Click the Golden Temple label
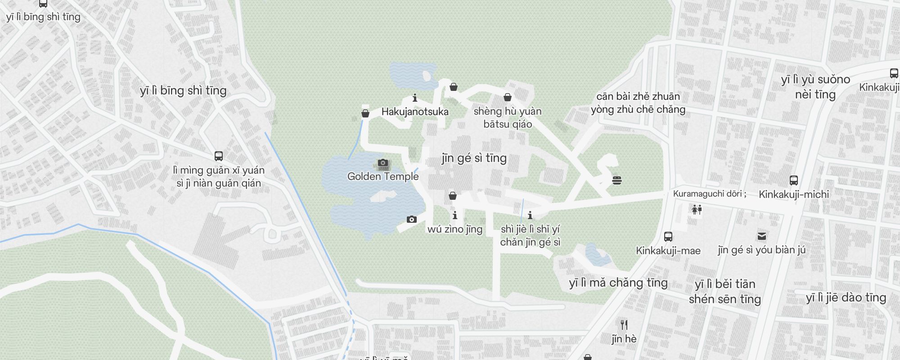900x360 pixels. [x=383, y=176]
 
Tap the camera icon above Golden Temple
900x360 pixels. [x=383, y=162]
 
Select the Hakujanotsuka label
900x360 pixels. [x=415, y=112]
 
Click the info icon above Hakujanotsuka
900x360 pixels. [x=415, y=98]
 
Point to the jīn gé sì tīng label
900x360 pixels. [x=474, y=158]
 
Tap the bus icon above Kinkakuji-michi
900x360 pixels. [x=794, y=180]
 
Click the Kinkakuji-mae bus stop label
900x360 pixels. [x=668, y=251]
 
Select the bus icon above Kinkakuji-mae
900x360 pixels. [x=668, y=237]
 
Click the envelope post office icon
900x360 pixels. [x=761, y=236]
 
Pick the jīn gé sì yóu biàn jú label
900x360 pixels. [x=761, y=250]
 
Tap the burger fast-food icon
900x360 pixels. [x=617, y=180]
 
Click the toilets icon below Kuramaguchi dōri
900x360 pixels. [x=697, y=209]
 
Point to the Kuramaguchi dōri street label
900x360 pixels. [x=710, y=194]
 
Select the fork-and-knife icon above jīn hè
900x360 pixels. [x=624, y=325]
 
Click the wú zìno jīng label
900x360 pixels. [x=454, y=229]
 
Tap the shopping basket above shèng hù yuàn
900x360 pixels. [x=508, y=97]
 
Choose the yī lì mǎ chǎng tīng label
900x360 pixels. [x=618, y=283]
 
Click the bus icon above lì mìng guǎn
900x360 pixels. [x=219, y=156]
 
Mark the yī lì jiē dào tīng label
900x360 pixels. [x=846, y=297]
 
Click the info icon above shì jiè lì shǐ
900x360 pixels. [x=530, y=216]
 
